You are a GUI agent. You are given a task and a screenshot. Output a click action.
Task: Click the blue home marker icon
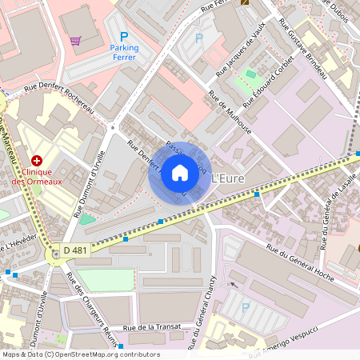180,173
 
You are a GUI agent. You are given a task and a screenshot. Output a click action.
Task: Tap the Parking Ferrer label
124,53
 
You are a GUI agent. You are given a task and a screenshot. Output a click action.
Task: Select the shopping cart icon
75,40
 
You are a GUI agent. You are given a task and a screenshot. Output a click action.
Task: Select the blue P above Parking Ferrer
123,37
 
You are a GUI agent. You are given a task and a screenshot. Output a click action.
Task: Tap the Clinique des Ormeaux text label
42,176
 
